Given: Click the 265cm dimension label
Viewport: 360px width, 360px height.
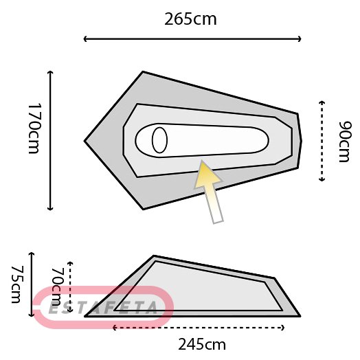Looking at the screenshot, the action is pos(190,19).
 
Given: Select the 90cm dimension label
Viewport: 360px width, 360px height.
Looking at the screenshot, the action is pos(345,142).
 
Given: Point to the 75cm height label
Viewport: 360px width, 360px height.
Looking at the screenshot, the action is pos(17,284).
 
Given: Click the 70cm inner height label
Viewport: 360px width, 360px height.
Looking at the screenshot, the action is pos(57,287).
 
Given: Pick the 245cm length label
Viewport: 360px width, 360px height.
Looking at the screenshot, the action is pos(202,344).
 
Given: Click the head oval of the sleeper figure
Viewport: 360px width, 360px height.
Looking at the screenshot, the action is pos(159,140).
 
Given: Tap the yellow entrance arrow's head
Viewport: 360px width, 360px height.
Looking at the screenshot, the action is pos(207,174).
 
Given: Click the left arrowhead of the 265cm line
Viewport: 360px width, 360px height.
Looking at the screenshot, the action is pos(85,39).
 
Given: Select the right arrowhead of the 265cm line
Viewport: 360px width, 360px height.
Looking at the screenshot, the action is pos(300,39).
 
